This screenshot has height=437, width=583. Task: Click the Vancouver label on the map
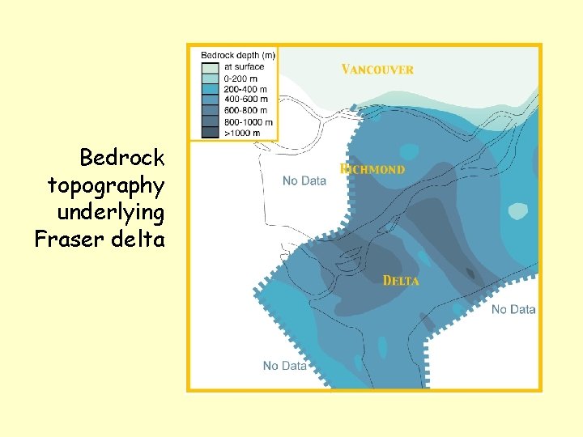(x=377, y=70)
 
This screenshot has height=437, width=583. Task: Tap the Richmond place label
(x=372, y=170)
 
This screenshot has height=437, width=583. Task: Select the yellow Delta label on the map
(x=401, y=281)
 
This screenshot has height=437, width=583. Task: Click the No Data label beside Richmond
(x=304, y=180)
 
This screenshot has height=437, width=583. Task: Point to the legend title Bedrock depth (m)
(x=238, y=55)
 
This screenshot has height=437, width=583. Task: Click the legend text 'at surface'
(x=243, y=66)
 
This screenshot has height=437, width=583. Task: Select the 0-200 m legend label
(x=241, y=77)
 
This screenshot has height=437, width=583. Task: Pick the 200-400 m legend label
(x=244, y=88)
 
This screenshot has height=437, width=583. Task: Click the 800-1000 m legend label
(x=246, y=121)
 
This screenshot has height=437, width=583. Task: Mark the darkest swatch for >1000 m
(x=211, y=132)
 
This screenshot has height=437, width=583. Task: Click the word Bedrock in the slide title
(x=122, y=157)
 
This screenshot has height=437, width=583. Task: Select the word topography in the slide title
(x=106, y=186)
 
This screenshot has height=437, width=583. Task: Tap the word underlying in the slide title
(x=111, y=213)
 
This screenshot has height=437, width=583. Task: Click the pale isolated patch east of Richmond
(x=517, y=211)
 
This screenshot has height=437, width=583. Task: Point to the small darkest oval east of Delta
(x=470, y=274)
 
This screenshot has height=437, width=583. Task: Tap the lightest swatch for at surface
(x=211, y=66)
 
